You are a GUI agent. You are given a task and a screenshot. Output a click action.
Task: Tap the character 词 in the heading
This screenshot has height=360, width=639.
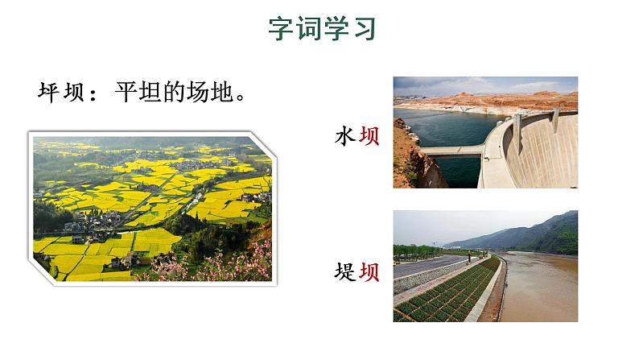[308, 30]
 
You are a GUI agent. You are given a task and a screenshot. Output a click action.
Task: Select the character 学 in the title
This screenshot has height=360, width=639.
[336, 30]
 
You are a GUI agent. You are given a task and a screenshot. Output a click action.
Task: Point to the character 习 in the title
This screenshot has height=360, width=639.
[363, 30]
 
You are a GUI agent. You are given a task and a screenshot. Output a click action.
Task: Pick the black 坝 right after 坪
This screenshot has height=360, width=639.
[76, 90]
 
